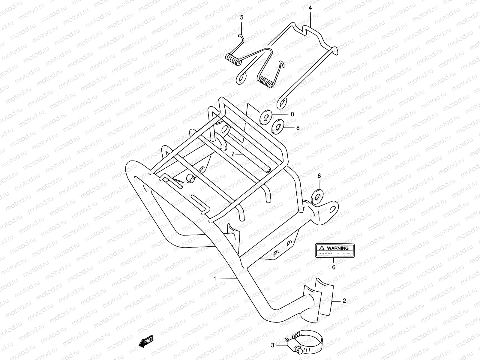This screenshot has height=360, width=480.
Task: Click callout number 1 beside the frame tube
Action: point(215,279)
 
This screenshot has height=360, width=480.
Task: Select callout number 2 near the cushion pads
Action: point(344,301)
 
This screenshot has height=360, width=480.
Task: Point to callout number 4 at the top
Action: point(310,8)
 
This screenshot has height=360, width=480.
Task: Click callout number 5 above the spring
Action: point(242,18)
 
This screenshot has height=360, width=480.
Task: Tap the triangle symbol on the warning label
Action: point(322,248)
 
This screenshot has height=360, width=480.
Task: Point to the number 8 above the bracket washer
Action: point(319,176)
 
